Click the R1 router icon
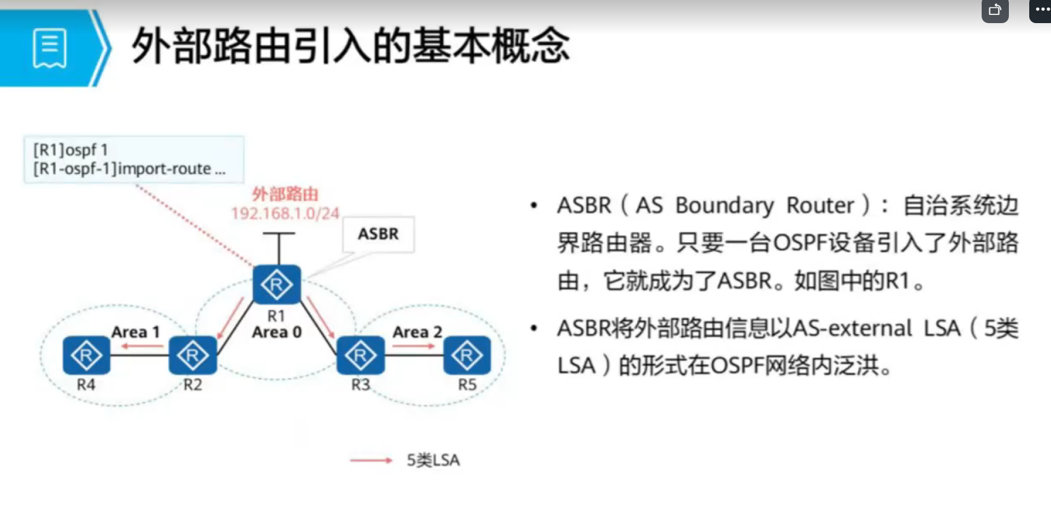pyautogui.click(x=277, y=284)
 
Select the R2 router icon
pyautogui.click(x=192, y=355)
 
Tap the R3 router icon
pyautogui.click(x=360, y=355)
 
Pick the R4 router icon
pyautogui.click(x=86, y=355)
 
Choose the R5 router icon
pyautogui.click(x=467, y=355)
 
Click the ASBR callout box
pyautogui.click(x=378, y=234)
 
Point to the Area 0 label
pyautogui.click(x=277, y=332)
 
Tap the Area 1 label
pyautogui.click(x=135, y=332)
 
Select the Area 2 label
pyautogui.click(x=417, y=332)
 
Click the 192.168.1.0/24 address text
pyautogui.click(x=286, y=214)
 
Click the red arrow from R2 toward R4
pyautogui.click(x=142, y=346)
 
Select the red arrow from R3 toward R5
pyautogui.click(x=414, y=346)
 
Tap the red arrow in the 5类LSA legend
pyautogui.click(x=371, y=460)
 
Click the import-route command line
pyautogui.click(x=129, y=169)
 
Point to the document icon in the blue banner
pyautogui.click(x=49, y=48)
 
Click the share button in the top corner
pyautogui.click(x=995, y=10)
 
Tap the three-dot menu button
pyautogui.click(x=1041, y=10)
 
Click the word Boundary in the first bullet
pyautogui.click(x=725, y=205)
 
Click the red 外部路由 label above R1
pyautogui.click(x=286, y=194)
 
